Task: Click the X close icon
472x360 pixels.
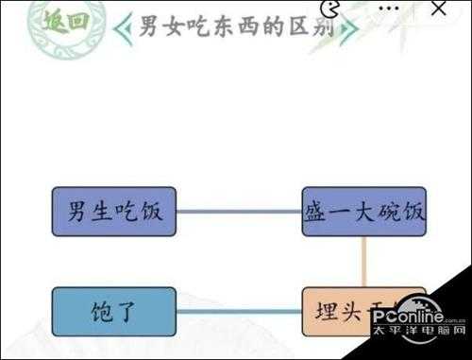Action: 437,10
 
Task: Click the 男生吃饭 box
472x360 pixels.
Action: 114,211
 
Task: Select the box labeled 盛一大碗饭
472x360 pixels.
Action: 363,211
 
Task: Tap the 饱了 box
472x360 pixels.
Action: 114,310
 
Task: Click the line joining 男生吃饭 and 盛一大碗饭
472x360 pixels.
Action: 239,211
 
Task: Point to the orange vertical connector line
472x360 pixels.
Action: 363,261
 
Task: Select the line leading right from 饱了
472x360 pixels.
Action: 239,311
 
